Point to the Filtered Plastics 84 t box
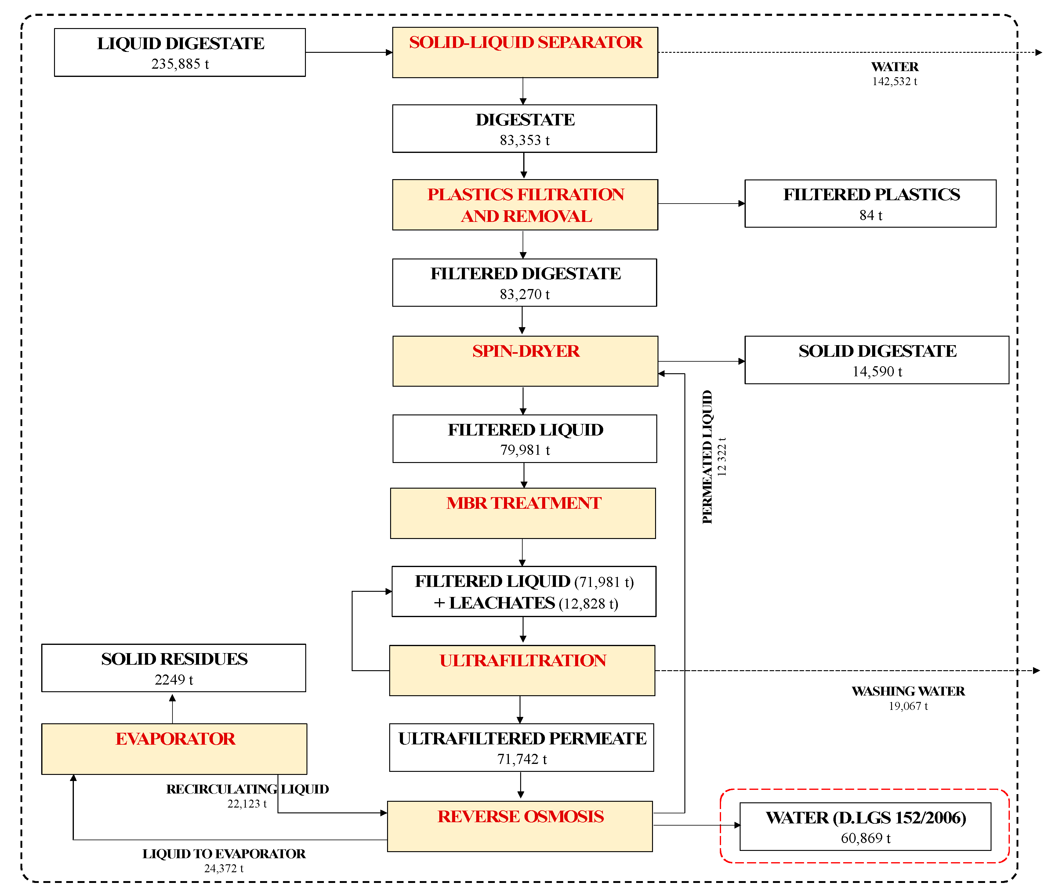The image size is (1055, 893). pos(870,204)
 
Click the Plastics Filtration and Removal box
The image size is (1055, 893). pos(525,204)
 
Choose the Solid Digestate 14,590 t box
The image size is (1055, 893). pos(876,360)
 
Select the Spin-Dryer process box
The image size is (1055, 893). pos(525,361)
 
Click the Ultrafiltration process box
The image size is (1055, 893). pos(522,670)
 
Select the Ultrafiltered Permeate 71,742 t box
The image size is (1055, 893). pos(521,748)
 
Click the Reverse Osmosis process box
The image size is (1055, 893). pos(520,826)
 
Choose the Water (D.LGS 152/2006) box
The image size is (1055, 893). pos(865,827)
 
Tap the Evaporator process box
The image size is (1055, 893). pos(174,749)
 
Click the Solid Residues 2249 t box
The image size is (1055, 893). pos(174,668)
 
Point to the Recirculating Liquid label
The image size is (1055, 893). pos(247,789)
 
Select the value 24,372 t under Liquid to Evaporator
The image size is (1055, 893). pos(224,869)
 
